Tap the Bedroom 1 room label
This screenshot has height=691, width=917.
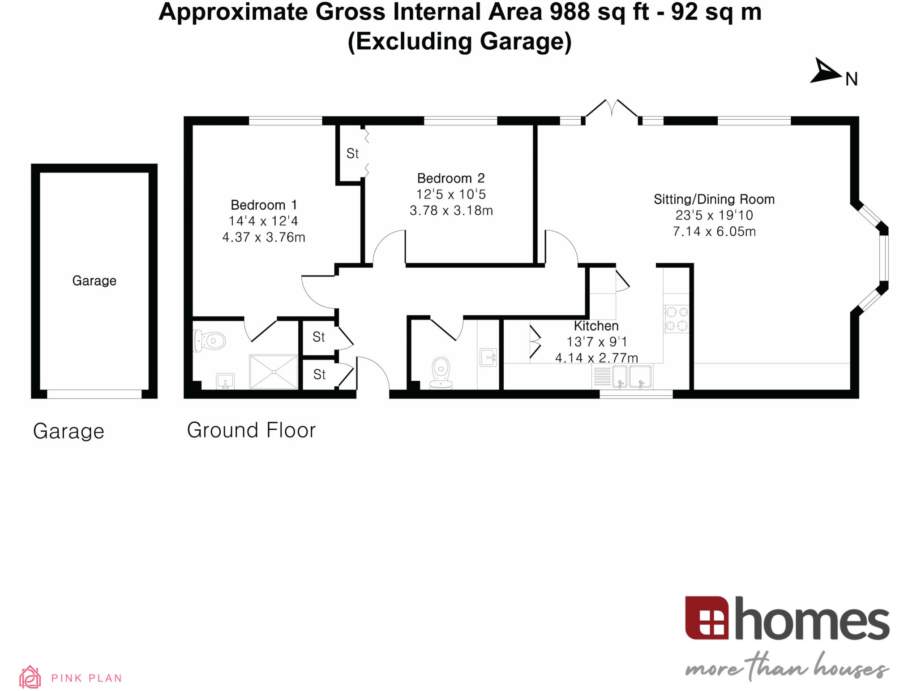(x=263, y=205)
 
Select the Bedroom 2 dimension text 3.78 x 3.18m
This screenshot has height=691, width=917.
(x=451, y=210)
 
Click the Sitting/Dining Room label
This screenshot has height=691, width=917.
(x=714, y=199)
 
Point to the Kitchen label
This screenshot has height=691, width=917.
(x=596, y=326)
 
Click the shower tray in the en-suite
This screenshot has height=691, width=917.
(x=273, y=371)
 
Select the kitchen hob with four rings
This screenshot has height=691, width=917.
(x=676, y=319)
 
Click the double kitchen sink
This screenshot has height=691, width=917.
(x=631, y=376)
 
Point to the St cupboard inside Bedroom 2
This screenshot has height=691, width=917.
(x=352, y=154)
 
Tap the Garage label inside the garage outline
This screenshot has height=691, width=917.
(x=94, y=281)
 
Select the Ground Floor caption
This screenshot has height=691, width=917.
(x=251, y=430)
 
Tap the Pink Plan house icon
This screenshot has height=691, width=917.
(x=30, y=677)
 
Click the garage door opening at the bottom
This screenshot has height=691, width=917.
(x=94, y=394)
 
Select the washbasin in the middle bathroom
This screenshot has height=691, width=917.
(x=488, y=357)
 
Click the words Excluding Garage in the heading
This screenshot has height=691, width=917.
(x=459, y=41)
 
